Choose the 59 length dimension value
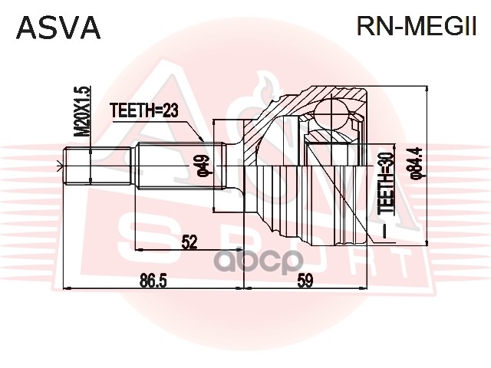(x=305, y=281)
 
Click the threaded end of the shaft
(x=77, y=165)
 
